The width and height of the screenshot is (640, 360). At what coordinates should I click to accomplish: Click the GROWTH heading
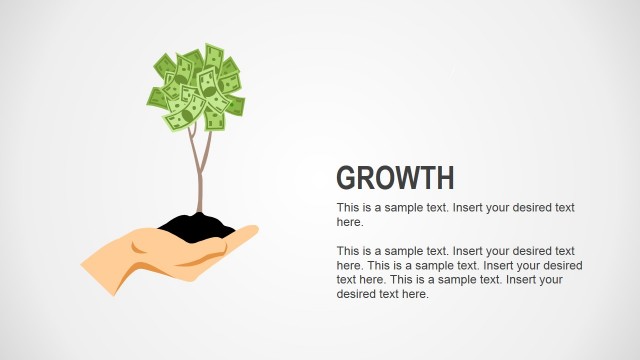click(395, 178)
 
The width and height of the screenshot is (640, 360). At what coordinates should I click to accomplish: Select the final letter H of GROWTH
click(445, 178)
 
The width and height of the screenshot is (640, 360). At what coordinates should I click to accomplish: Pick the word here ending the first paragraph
click(349, 222)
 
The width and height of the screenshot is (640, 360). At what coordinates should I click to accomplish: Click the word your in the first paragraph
click(517, 208)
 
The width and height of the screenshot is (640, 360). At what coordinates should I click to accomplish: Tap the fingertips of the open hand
click(250, 232)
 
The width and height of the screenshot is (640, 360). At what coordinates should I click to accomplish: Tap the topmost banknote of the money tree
click(212, 53)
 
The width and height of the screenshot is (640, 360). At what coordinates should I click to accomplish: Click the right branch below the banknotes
click(208, 148)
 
